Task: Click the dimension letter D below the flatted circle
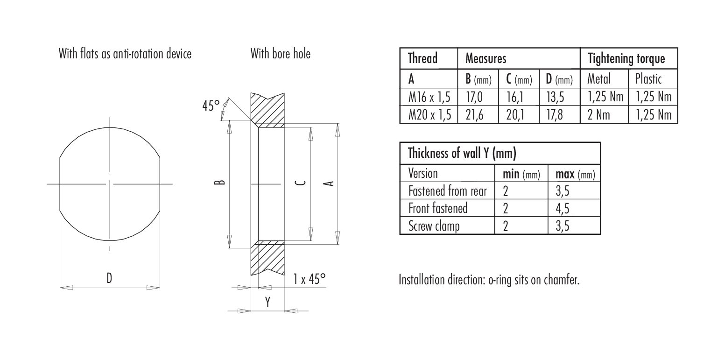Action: [109, 278]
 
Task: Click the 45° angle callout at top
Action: [211, 106]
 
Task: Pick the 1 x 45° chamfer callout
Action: [309, 279]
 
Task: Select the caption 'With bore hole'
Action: [280, 54]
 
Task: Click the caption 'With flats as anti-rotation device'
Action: [125, 54]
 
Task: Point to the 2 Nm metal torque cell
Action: [599, 115]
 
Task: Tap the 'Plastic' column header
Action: [648, 78]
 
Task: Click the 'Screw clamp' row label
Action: [434, 226]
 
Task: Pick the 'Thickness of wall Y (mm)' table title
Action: [462, 153]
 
